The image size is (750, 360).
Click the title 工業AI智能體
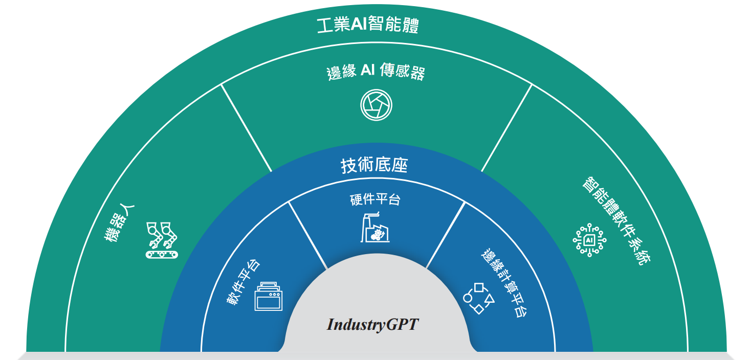coord(367,25)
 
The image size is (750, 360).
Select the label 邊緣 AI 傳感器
coord(376,72)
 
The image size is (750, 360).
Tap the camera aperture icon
coord(376,105)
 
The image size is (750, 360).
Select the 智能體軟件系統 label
coord(617,221)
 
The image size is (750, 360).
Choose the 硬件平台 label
coord(375,199)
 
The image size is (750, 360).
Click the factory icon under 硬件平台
coord(376,227)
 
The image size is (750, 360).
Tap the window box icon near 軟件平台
coord(268,296)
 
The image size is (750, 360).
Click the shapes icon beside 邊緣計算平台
coord(479,298)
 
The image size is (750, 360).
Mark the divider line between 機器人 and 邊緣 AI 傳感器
coord(246,128)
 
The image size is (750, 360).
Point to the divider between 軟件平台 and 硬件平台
coord(307,235)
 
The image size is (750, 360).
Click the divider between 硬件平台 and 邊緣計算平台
coord(446,235)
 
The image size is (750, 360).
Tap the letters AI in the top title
coord(358,25)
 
